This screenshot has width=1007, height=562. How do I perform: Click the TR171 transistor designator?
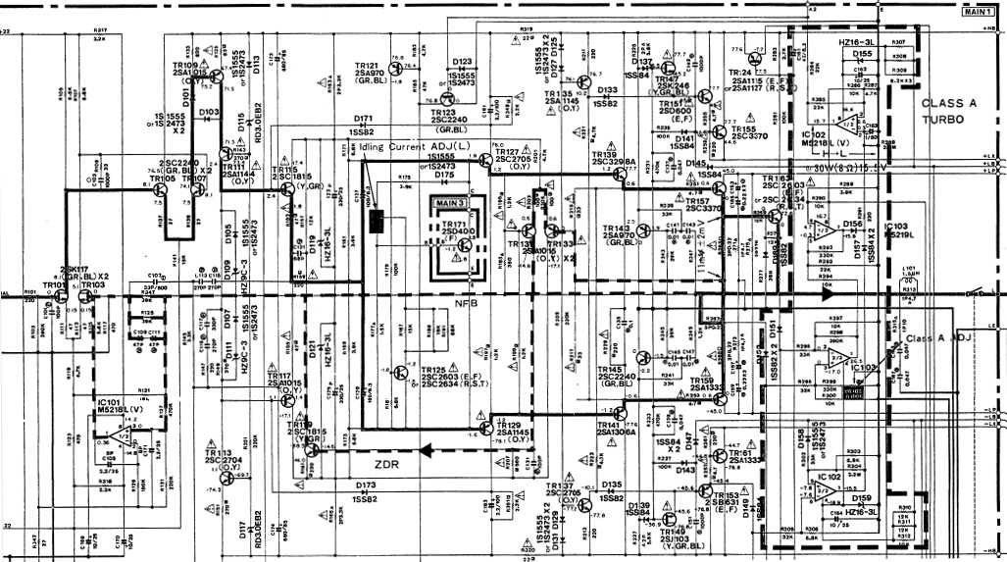454,225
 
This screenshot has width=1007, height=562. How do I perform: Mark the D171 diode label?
363,119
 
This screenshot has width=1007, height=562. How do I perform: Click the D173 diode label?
366,485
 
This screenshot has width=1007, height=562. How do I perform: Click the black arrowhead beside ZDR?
426,452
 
